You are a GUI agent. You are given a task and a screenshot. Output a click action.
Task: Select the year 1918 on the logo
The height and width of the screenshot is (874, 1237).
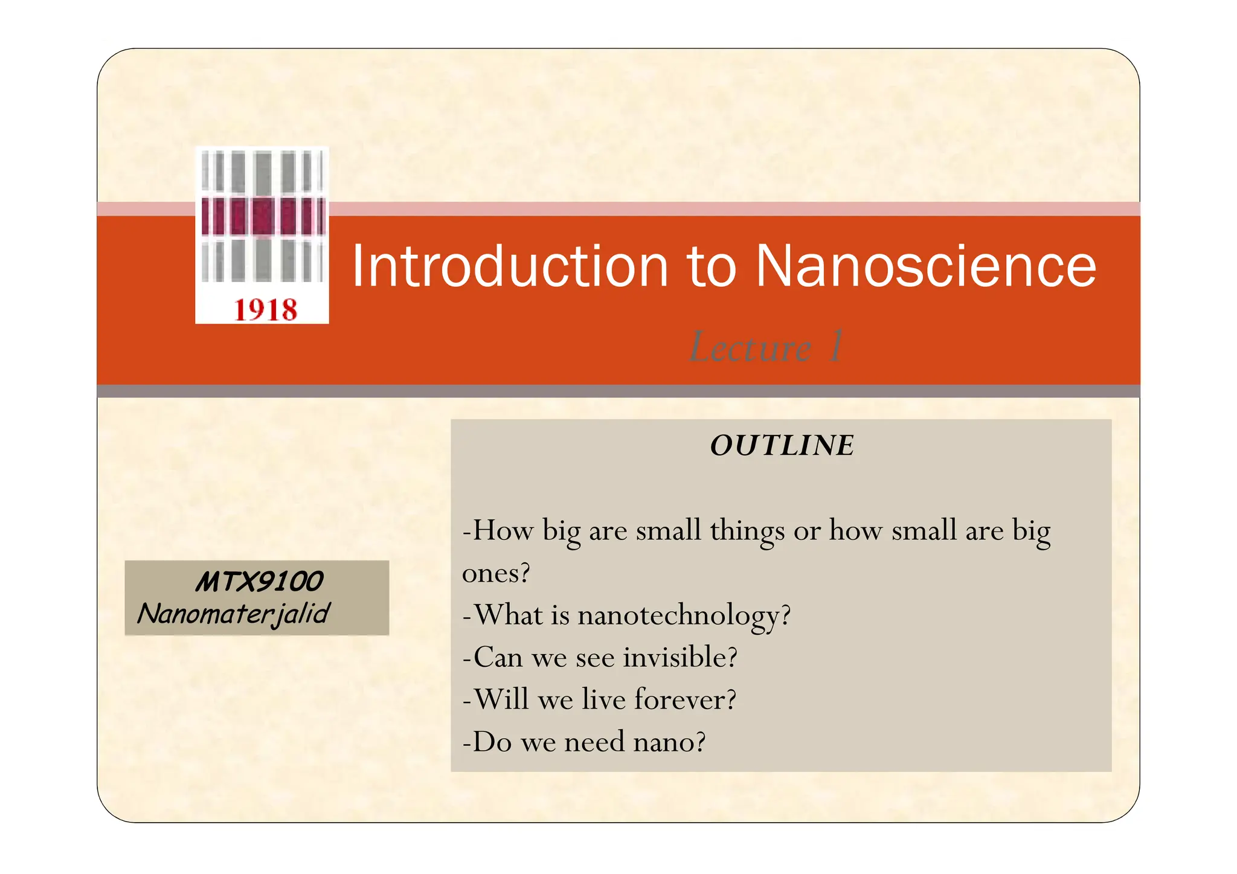pyautogui.click(x=265, y=310)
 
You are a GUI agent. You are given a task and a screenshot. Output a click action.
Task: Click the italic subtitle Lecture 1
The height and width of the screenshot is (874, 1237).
pyautogui.click(x=766, y=347)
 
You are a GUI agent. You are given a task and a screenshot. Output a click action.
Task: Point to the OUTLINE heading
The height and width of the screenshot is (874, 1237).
pyautogui.click(x=782, y=446)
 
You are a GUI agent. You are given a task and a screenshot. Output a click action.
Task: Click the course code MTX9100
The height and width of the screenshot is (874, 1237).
pyautogui.click(x=259, y=582)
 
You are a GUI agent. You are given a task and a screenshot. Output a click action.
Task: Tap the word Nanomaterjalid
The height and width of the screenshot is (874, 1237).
pyautogui.click(x=234, y=614)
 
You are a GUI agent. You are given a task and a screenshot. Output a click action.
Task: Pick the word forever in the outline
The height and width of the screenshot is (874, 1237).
pyautogui.click(x=685, y=699)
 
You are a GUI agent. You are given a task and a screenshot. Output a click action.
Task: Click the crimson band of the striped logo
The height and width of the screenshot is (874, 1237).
pyautogui.click(x=263, y=216)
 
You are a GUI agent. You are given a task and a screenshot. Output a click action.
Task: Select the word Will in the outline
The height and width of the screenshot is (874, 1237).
pyautogui.click(x=501, y=699)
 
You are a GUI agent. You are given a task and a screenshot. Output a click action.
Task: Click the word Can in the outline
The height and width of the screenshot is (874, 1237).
pyautogui.click(x=498, y=657)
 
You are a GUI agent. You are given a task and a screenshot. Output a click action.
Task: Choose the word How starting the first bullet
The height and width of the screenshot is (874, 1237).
pyautogui.click(x=503, y=531)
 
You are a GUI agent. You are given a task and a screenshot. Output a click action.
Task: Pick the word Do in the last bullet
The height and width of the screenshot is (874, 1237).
pyautogui.click(x=492, y=742)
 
